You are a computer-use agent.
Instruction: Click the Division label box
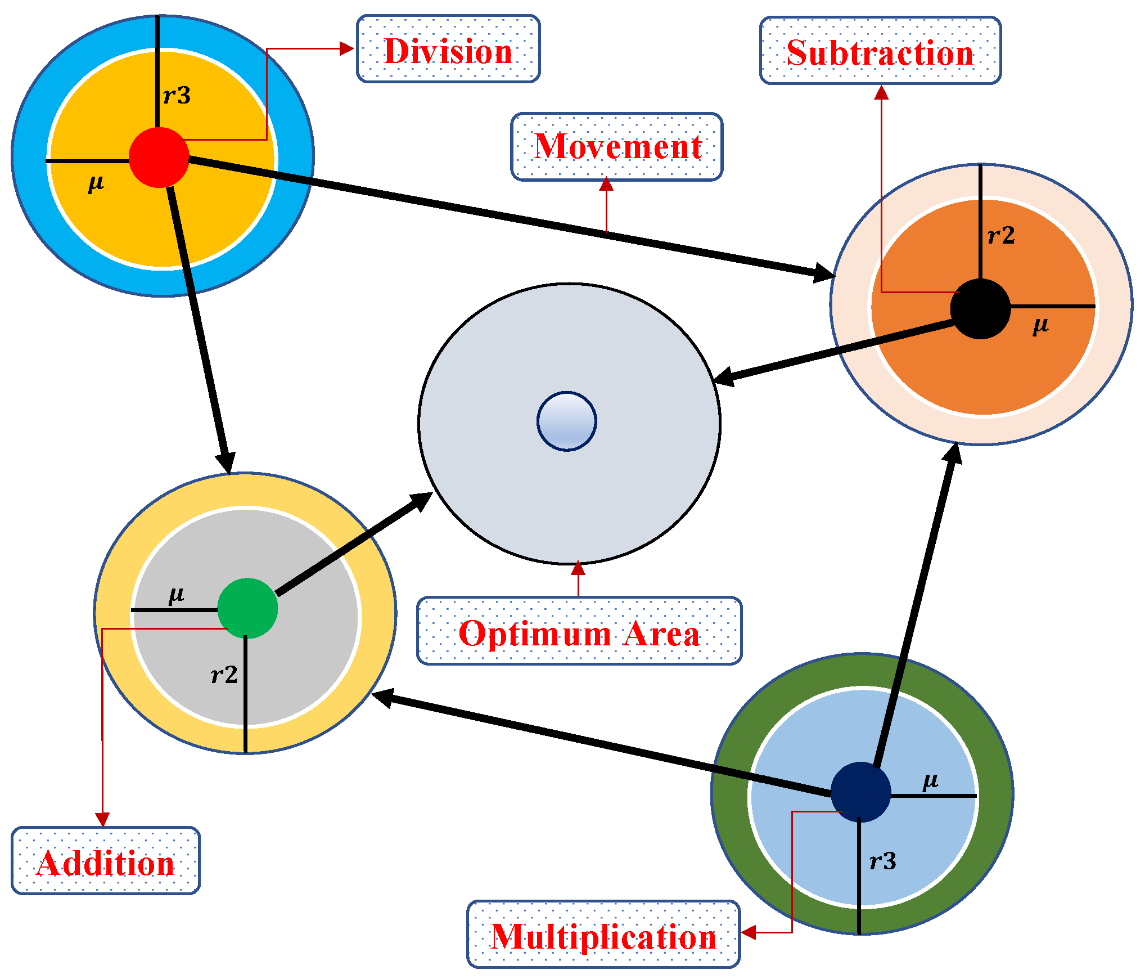[x=448, y=50]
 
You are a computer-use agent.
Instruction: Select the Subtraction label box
[x=880, y=51]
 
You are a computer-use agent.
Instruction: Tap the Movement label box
[x=616, y=147]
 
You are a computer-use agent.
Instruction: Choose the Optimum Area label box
[x=579, y=631]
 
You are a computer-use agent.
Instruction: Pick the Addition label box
[x=106, y=861]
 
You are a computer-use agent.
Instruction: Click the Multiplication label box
[x=603, y=935]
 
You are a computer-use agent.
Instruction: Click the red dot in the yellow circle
[x=159, y=158]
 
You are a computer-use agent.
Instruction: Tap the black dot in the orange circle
[x=980, y=309]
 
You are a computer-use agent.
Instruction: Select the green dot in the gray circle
[x=247, y=608]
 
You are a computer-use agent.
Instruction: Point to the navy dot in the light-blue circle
[x=860, y=792]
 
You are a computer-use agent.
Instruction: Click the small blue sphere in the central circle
[x=566, y=421]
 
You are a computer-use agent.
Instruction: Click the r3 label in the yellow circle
[x=177, y=96]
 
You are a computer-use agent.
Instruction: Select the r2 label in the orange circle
[x=1001, y=235]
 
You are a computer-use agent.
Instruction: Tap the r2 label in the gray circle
[x=224, y=675]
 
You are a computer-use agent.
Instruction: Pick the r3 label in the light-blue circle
[x=882, y=861]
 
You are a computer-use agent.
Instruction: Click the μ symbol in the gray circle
[x=176, y=595]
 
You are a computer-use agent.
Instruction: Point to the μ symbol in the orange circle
[x=1040, y=325]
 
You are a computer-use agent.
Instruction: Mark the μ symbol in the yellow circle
[x=96, y=183]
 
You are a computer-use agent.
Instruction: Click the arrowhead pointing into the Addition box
[x=102, y=819]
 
